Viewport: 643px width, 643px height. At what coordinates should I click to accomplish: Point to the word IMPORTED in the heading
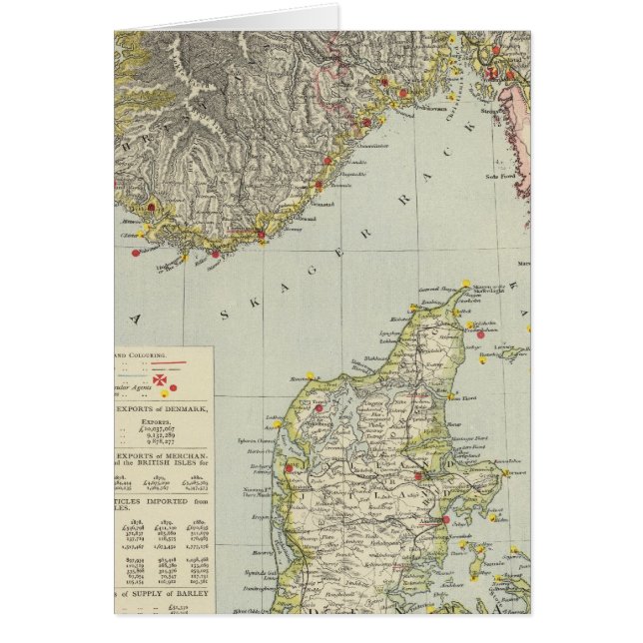(x=182, y=502)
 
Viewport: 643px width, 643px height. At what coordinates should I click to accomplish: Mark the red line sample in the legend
(x=175, y=363)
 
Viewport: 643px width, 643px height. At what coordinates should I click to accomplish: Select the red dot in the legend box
(x=175, y=387)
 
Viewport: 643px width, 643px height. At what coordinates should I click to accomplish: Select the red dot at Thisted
(x=320, y=407)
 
